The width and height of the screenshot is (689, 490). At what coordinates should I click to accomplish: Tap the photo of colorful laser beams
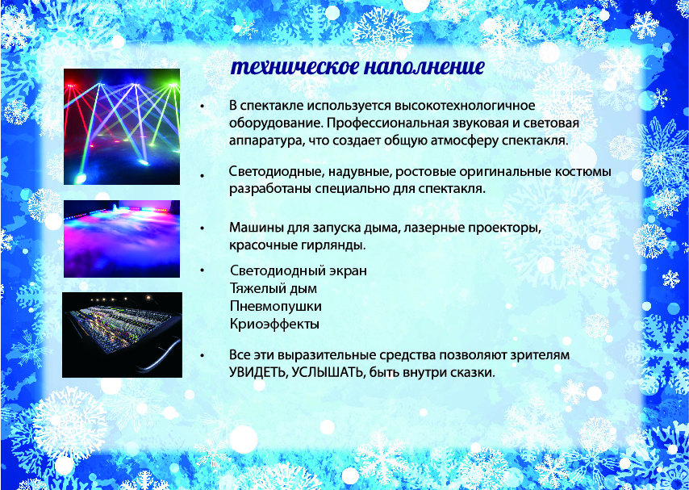point(122,127)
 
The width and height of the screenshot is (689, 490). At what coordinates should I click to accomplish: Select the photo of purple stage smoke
point(122,239)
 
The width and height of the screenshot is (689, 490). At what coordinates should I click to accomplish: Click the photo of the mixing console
point(122,335)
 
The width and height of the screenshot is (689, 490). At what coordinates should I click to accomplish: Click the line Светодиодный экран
point(299,270)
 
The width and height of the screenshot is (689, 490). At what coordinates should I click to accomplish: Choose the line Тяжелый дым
point(273,288)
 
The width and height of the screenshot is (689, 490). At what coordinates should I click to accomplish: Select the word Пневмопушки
point(275,306)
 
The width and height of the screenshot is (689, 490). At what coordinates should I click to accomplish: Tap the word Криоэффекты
point(274,325)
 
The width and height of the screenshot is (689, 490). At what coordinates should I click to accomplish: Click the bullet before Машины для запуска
point(203,228)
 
